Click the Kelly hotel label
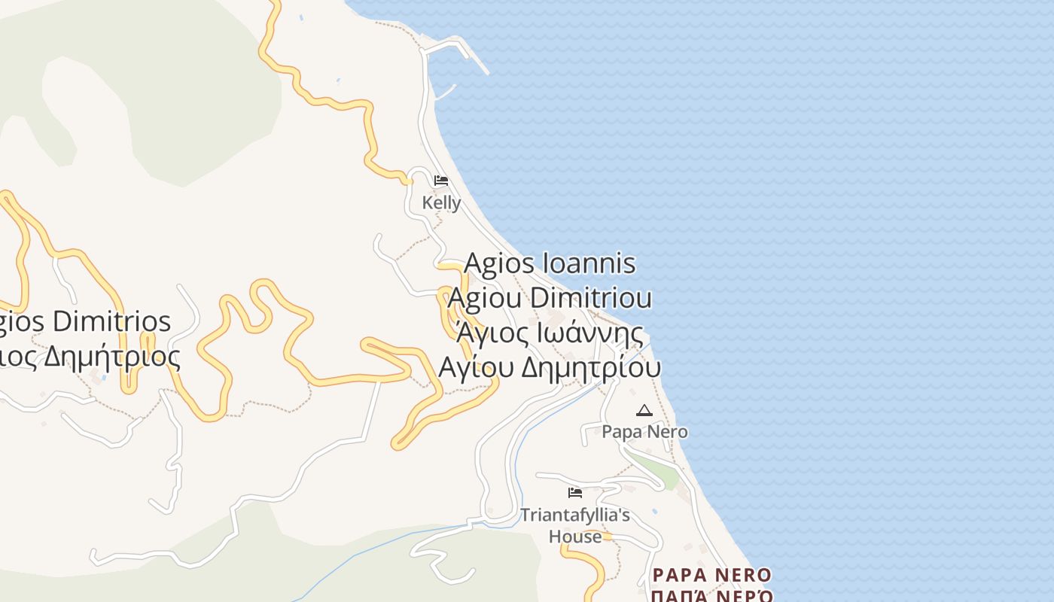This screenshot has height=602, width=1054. click(441, 202)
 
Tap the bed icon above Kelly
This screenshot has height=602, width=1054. click(441, 181)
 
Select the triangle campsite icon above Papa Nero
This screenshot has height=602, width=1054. click(644, 410)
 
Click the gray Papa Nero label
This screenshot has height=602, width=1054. click(644, 432)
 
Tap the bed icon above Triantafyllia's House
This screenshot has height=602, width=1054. click(575, 493)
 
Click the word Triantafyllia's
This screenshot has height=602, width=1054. click(575, 515)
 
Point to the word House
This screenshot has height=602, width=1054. click(575, 537)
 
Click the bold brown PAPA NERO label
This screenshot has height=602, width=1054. click(711, 576)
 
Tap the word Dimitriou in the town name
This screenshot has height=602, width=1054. click(591, 298)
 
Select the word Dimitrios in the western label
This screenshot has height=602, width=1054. click(112, 322)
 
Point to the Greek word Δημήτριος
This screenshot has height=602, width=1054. click(112, 357)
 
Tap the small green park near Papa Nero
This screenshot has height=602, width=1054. click(653, 467)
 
